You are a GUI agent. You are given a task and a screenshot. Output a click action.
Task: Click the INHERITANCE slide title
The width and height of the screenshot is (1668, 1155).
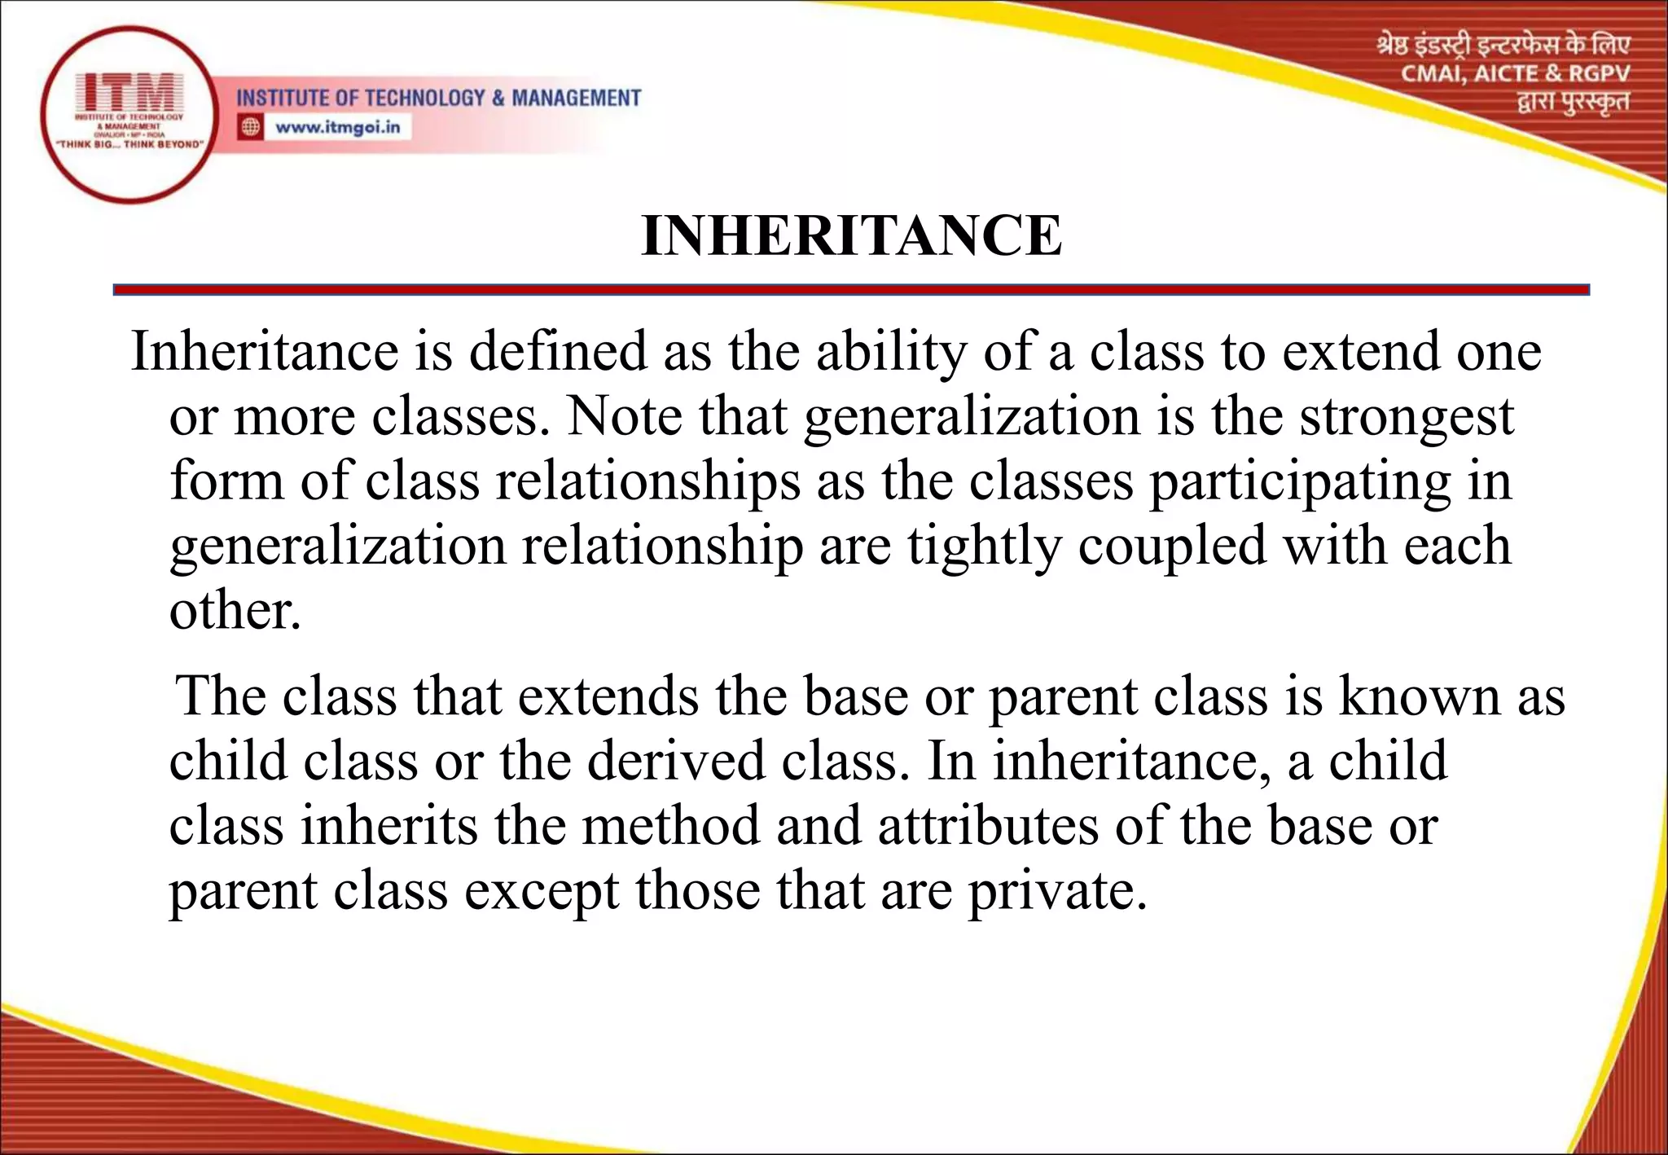click(851, 236)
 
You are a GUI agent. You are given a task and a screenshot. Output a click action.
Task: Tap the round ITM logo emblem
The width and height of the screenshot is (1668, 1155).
click(129, 114)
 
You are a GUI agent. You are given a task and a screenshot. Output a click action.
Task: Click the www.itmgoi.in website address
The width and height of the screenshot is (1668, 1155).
click(337, 127)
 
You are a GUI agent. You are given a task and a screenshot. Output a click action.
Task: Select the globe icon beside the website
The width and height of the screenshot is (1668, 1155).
click(251, 127)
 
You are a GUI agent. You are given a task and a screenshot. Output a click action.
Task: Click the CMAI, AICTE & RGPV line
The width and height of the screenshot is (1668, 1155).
click(1515, 74)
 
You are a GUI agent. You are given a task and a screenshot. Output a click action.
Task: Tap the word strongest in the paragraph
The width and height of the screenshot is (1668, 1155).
click(1407, 417)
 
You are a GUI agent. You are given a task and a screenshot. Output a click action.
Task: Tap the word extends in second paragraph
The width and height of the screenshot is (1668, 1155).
click(608, 697)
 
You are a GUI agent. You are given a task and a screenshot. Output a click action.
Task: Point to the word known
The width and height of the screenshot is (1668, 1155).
click(1420, 697)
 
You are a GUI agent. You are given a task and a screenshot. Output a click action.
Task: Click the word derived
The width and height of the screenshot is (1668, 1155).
click(676, 762)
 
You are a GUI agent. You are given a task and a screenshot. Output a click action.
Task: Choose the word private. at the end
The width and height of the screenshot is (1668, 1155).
click(1057, 891)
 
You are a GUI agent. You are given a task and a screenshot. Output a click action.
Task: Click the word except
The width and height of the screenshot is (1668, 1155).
click(542, 891)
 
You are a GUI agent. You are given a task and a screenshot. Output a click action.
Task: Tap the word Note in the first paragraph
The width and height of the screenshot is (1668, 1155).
click(624, 417)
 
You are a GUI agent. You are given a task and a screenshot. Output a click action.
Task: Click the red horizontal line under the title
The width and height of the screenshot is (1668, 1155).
click(851, 290)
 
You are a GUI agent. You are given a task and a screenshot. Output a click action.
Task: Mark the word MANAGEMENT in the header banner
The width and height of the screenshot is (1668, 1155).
click(576, 99)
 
